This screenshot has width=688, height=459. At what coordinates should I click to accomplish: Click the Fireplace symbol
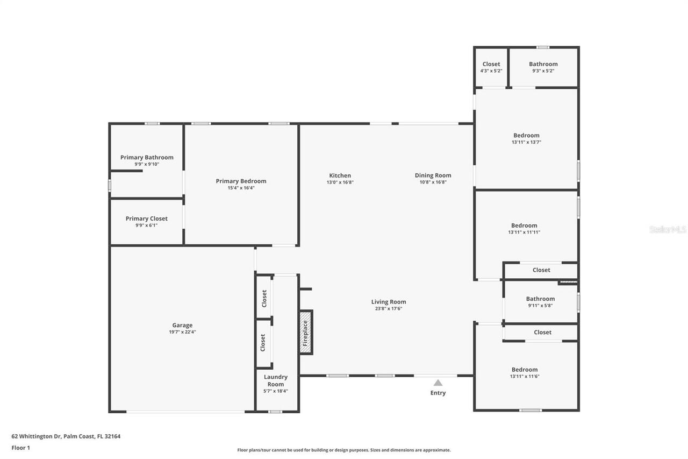coord(305,333)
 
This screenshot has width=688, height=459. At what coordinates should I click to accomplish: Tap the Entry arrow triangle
coord(438,383)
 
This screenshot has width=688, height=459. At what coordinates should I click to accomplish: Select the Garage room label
coord(182,325)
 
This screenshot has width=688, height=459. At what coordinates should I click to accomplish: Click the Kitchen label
coord(340,175)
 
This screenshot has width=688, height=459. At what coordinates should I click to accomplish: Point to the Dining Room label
coord(433,175)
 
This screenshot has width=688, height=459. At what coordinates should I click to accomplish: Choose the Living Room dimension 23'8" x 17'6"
coord(388,309)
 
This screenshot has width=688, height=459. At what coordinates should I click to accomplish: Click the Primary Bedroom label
coord(241,181)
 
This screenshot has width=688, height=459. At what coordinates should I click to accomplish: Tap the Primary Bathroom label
coord(147,157)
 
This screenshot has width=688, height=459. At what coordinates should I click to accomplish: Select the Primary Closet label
coord(146,218)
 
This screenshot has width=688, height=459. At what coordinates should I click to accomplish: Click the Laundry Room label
coord(275,380)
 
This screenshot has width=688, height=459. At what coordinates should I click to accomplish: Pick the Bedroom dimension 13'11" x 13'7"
coord(526,143)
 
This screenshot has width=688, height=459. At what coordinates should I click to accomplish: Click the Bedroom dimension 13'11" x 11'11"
coord(524,232)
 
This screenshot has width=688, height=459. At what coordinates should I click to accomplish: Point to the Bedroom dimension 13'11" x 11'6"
coord(524,377)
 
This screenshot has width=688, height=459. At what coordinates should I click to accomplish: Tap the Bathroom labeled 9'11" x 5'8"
coord(540,299)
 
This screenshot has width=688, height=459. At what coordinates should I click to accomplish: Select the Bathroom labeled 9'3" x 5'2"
coord(543,64)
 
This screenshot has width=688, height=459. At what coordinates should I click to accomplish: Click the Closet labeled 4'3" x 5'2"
coord(491,64)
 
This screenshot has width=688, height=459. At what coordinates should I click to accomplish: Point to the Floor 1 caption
coord(20,447)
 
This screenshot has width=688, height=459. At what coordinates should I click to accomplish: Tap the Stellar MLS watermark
coord(668,229)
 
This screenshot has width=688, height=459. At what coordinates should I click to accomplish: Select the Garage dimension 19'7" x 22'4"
coord(182,332)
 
